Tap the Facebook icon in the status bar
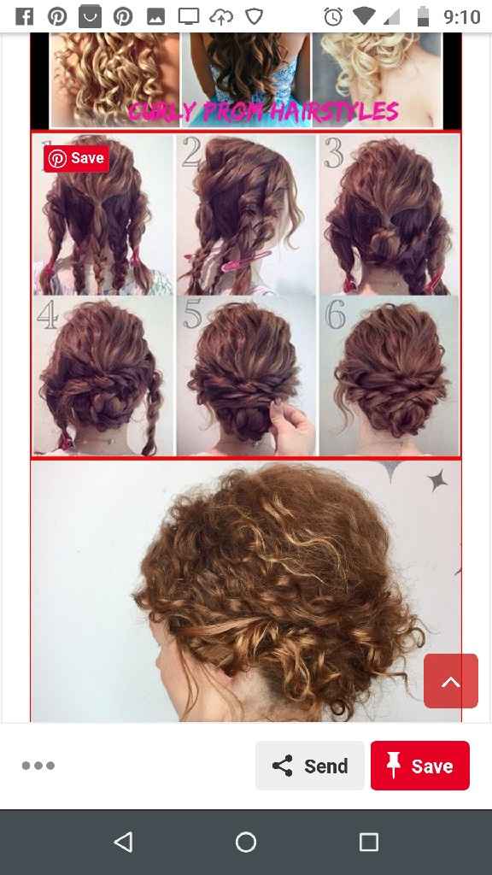pyautogui.click(x=25, y=16)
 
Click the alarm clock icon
pyautogui.click(x=333, y=16)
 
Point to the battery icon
pyautogui.click(x=423, y=16)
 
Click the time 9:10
pyautogui.click(x=462, y=16)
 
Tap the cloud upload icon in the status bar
pyautogui.click(x=220, y=16)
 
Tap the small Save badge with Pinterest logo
pyautogui.click(x=76, y=158)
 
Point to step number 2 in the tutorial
pyautogui.click(x=191, y=152)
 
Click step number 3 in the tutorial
pyautogui.click(x=333, y=152)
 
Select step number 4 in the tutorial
pyautogui.click(x=48, y=315)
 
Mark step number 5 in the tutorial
pyautogui.click(x=192, y=315)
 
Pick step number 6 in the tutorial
pyautogui.click(x=336, y=315)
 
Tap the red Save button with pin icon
pyautogui.click(x=419, y=766)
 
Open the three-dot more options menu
pyautogui.click(x=38, y=766)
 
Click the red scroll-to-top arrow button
pyautogui.click(x=450, y=681)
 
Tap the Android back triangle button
pyautogui.click(x=123, y=843)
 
